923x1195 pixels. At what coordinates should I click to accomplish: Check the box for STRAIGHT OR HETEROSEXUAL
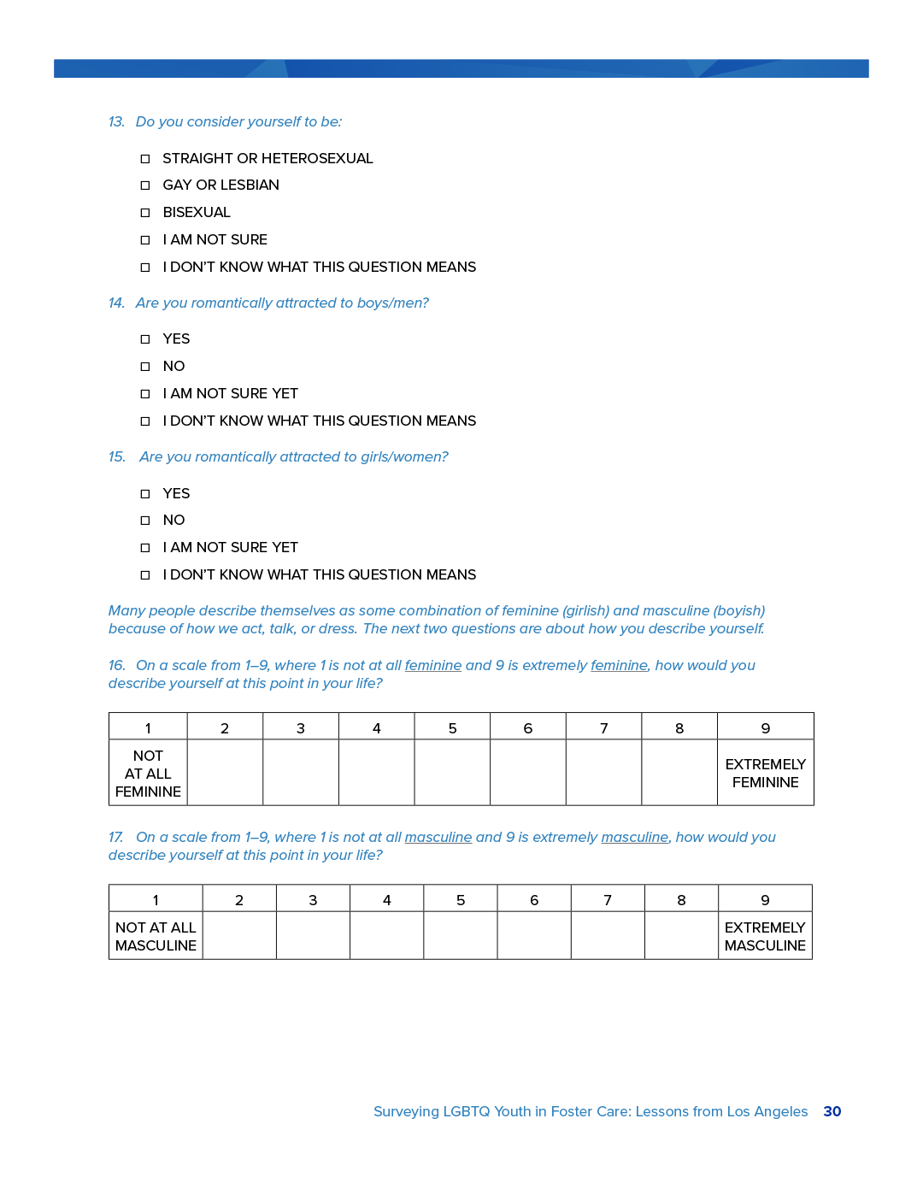tap(145, 159)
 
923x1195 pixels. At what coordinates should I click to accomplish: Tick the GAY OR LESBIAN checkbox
tap(145, 185)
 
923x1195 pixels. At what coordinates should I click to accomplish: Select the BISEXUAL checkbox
tap(145, 213)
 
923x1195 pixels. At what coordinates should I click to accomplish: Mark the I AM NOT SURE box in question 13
tap(145, 240)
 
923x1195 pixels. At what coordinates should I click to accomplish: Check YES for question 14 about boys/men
tap(145, 339)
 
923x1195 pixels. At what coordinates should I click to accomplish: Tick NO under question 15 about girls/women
tap(145, 521)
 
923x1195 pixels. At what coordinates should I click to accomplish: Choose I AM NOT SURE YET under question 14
tap(145, 394)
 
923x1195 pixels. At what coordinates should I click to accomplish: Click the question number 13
tap(116, 122)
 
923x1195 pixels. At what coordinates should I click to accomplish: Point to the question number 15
tap(116, 457)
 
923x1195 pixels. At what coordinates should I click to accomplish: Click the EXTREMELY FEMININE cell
tap(765, 773)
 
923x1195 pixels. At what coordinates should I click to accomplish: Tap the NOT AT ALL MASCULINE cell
tap(156, 936)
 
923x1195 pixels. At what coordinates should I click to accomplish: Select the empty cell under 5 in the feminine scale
tap(452, 773)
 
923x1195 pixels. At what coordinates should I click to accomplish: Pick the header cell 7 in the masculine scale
tap(608, 899)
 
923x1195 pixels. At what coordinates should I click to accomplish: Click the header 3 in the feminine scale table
tap(301, 727)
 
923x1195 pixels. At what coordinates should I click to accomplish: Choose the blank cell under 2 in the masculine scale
tap(239, 936)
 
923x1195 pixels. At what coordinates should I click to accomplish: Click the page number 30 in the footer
tap(832, 1111)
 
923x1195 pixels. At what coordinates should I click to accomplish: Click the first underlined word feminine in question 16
tap(432, 666)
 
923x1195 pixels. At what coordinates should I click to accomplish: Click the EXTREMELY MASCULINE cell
tap(765, 936)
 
